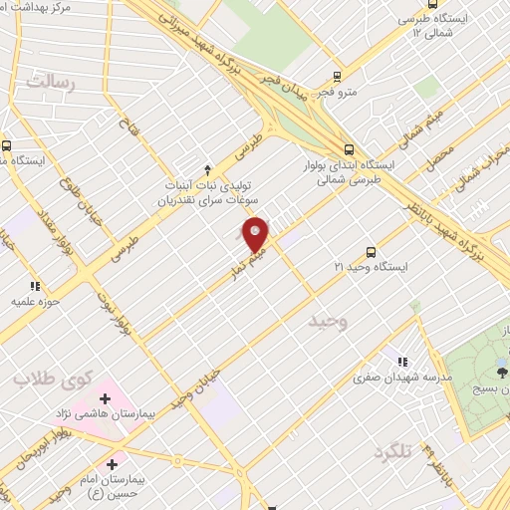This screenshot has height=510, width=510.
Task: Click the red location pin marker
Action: (256, 234)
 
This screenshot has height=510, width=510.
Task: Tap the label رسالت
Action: (50, 83)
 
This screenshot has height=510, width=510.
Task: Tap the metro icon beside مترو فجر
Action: (337, 76)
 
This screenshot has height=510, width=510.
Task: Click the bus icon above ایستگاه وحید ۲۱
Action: (371, 253)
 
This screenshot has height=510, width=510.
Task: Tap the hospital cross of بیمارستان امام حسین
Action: (112, 464)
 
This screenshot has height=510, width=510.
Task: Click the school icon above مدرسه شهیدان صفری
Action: (402, 363)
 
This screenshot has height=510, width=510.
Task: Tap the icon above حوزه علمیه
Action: (36, 286)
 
